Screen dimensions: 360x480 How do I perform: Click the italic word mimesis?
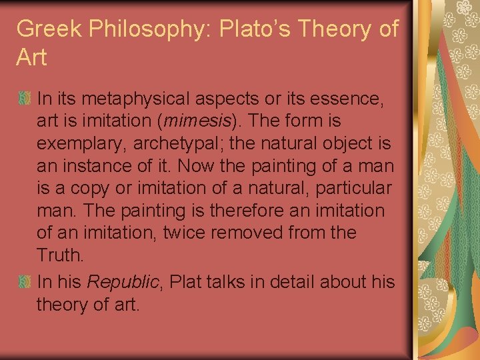point(201,121)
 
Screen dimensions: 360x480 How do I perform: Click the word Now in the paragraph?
point(199,166)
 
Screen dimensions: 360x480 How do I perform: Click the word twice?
point(192,233)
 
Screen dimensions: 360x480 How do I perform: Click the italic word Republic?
point(126,282)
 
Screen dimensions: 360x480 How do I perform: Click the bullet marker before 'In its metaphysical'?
point(24,99)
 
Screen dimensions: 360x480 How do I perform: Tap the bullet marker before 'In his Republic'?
point(24,282)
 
